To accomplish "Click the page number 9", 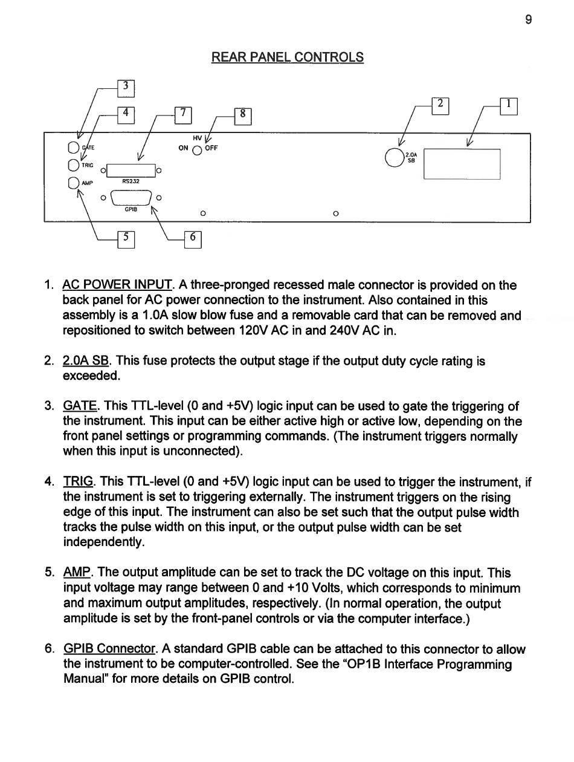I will [x=529, y=20].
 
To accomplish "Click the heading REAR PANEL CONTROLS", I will [x=288, y=57].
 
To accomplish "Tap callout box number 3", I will [x=125, y=87].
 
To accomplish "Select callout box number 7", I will [x=183, y=114].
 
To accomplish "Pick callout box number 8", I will [x=243, y=114].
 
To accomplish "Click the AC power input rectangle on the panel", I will [x=462, y=164].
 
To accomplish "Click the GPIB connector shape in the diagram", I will [x=131, y=198].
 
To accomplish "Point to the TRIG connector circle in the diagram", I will [x=74, y=164].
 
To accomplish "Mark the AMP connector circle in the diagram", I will [x=74, y=183].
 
